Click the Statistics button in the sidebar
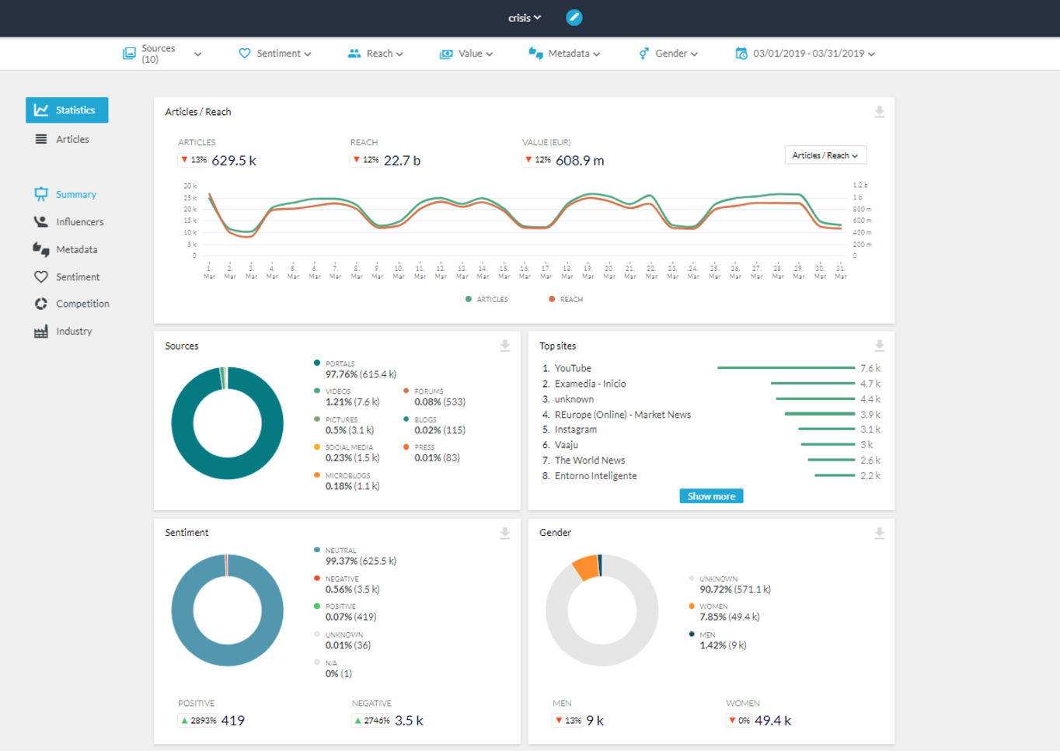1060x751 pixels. pos(67,110)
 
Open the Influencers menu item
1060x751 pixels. pos(78,222)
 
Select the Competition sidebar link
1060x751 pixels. pos(82,304)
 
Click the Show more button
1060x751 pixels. pos(710,496)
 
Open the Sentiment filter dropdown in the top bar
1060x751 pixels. pos(276,54)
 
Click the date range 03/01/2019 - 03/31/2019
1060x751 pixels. pos(807,54)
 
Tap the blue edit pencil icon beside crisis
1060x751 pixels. pos(574,18)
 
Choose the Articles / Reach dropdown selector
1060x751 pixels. pos(825,155)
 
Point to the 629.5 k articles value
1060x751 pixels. pos(233,161)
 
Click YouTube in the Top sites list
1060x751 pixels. pos(573,368)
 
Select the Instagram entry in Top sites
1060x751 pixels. pos(576,429)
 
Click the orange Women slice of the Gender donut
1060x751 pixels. pos(586,568)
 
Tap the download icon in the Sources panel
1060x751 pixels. pos(504,346)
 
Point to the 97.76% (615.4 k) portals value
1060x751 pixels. pos(361,374)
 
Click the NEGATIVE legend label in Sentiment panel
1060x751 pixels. pos(341,579)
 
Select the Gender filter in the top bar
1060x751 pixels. pos(669,54)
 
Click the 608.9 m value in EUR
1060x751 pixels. pos(580,161)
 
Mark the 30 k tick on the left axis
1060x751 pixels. pos(190,186)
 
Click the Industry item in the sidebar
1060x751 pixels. pos(73,332)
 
